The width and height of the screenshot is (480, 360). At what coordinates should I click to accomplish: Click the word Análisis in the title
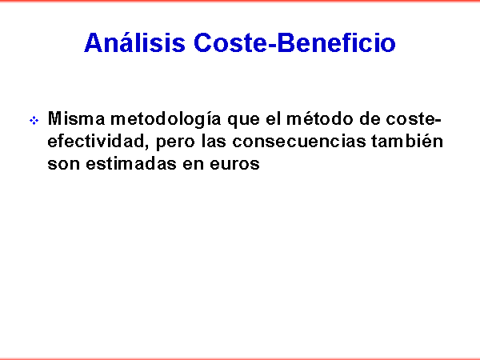(x=134, y=42)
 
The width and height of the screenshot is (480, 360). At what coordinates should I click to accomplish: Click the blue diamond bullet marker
(x=34, y=120)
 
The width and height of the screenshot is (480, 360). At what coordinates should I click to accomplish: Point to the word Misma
(x=77, y=118)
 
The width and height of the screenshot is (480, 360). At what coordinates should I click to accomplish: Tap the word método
(x=319, y=118)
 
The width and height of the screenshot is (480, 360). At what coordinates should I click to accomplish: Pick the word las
(x=213, y=141)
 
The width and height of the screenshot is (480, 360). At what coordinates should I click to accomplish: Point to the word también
(x=407, y=141)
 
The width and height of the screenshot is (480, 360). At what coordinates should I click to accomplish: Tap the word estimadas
(x=131, y=163)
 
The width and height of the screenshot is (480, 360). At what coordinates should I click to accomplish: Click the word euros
(x=234, y=164)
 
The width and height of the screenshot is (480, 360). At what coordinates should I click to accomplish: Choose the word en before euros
(x=193, y=164)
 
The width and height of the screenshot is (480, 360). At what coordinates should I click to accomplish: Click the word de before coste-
(x=370, y=118)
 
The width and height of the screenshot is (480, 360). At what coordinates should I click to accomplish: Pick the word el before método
(x=273, y=118)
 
